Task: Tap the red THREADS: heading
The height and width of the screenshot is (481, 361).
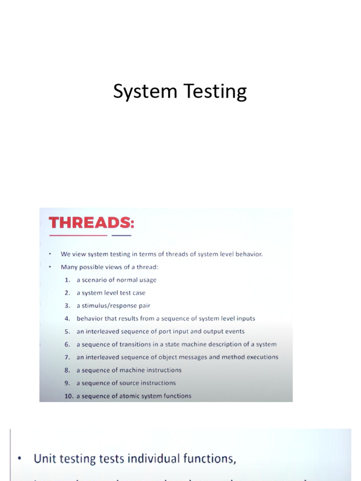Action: [91, 222]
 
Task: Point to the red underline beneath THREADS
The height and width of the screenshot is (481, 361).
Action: [78, 235]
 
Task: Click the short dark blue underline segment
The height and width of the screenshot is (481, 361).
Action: [121, 235]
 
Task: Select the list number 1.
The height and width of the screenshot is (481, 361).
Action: [67, 280]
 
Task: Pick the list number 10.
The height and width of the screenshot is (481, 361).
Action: [69, 396]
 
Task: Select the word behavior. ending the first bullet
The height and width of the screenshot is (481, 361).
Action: [247, 254]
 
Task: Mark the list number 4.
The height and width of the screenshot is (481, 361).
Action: [67, 318]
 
